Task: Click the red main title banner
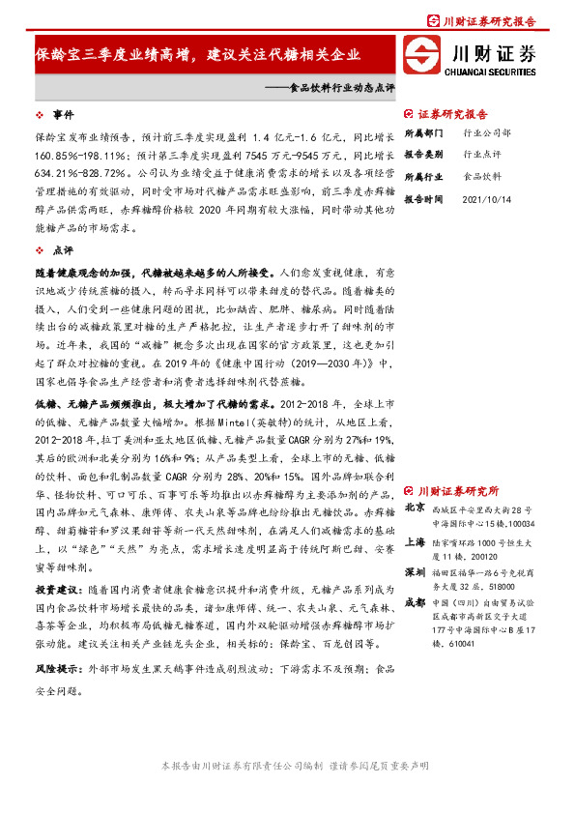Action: tap(197, 54)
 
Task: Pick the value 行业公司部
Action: tap(486, 132)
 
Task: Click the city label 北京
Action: tap(415, 508)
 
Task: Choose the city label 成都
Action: tap(415, 602)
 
